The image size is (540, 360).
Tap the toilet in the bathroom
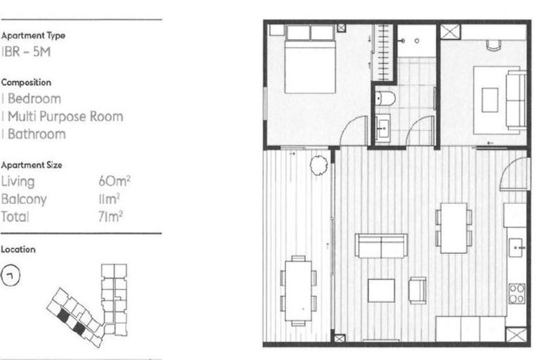pos(385,98)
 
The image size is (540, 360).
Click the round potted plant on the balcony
pos(319,166)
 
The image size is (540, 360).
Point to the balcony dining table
pos(298,288)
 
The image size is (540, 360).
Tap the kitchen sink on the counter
pos(516,247)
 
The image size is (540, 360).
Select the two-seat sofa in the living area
pos(381,245)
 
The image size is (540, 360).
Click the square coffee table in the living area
pos(381,290)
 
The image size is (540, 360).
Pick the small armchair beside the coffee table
pos(418,289)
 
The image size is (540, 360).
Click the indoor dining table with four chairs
pos(454,228)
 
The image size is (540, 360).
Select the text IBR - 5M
pos(25,52)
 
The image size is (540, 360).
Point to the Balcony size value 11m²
pos(112,200)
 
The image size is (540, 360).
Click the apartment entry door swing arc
pos(517,172)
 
